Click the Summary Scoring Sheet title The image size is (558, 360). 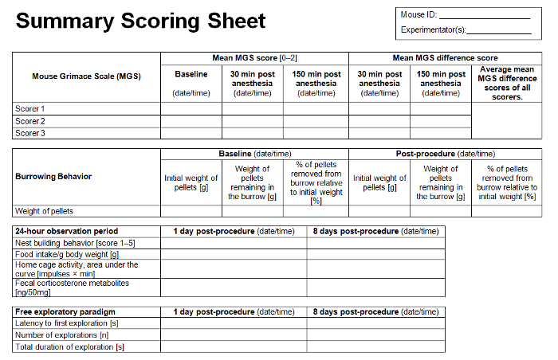click(x=142, y=21)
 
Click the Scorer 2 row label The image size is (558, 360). click(x=30, y=121)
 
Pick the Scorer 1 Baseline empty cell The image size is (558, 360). click(x=191, y=109)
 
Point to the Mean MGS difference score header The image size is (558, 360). click(x=445, y=58)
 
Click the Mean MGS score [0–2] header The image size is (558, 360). click(x=254, y=58)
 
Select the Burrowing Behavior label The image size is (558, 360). click(x=53, y=177)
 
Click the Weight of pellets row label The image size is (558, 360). click(x=46, y=211)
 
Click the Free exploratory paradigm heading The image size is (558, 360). click(x=65, y=311)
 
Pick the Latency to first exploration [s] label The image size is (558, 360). click(x=69, y=323)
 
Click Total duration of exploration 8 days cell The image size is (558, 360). click(x=375, y=346)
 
